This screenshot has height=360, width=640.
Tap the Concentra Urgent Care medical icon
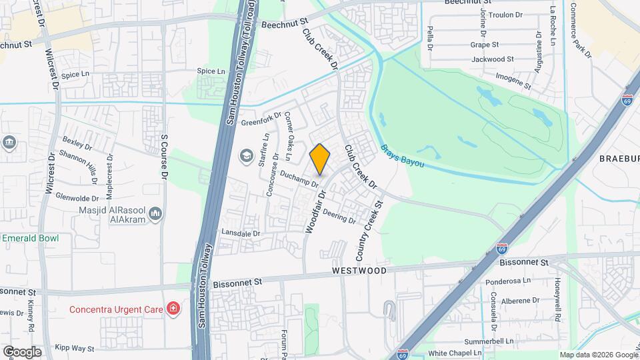(x=173, y=308)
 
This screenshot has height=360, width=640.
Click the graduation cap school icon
(x=245, y=156)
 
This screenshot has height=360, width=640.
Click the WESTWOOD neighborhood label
(x=359, y=271)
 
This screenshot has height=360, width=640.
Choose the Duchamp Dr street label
(x=300, y=179)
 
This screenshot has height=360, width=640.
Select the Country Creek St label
(x=369, y=231)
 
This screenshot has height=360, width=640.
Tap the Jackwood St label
(x=492, y=59)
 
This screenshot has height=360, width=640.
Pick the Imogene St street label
(x=513, y=81)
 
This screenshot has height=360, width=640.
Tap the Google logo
(x=22, y=351)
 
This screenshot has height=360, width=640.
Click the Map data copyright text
(x=599, y=355)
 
